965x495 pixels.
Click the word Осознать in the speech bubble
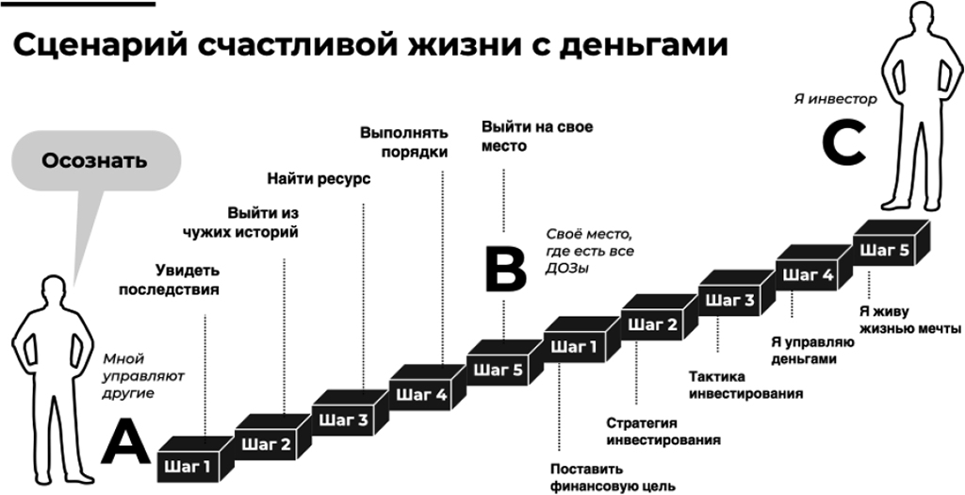[x=94, y=159]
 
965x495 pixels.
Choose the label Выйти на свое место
[x=537, y=136]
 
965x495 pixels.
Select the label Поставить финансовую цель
[x=613, y=477]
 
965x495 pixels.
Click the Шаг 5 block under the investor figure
[x=886, y=251]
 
